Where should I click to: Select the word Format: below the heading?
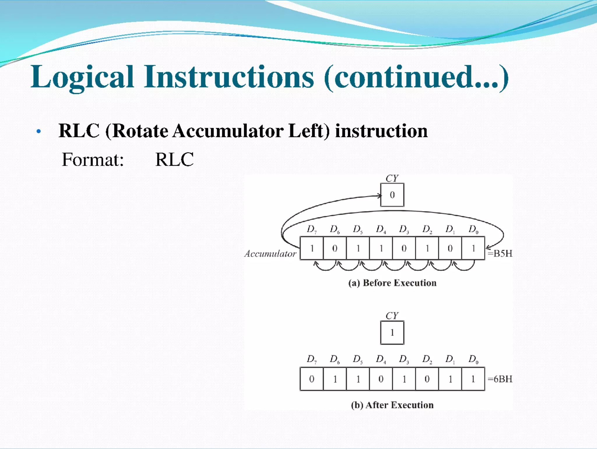(x=93, y=160)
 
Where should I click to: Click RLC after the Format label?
(x=174, y=160)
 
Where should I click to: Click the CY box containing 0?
(x=392, y=195)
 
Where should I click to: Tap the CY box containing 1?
(x=392, y=333)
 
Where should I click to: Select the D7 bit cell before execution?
(x=312, y=248)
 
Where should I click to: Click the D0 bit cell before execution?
(x=473, y=248)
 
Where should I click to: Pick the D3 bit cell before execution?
(x=404, y=248)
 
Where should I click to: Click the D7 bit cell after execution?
(x=312, y=379)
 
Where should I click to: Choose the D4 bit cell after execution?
(x=381, y=379)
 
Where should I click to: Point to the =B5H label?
(x=500, y=253)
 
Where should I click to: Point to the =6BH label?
(x=500, y=379)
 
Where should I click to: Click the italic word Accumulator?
(x=270, y=254)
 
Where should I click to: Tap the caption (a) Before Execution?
(x=392, y=283)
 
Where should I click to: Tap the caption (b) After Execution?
(x=392, y=405)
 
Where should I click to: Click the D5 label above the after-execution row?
(x=358, y=359)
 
